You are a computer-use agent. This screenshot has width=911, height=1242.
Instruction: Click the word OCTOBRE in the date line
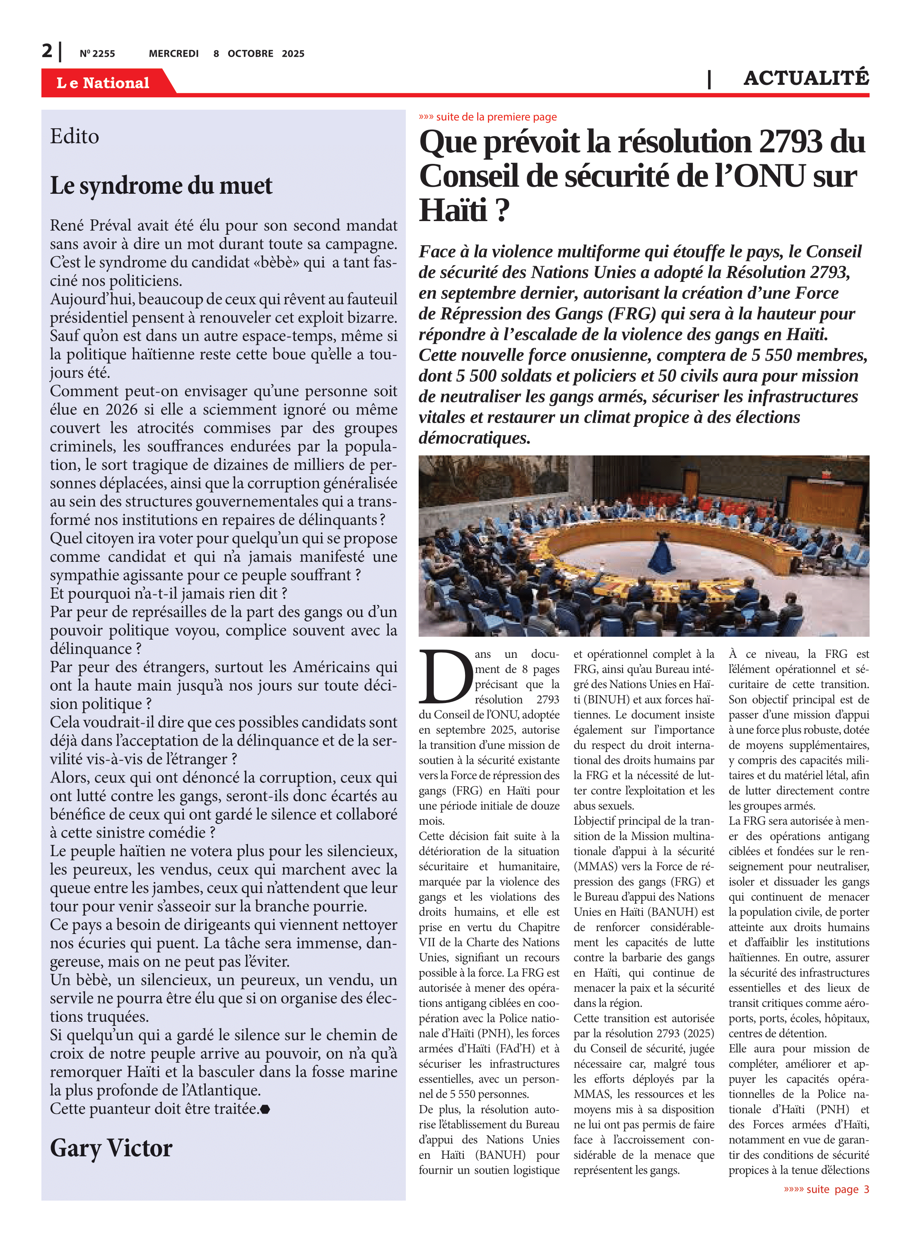point(251,54)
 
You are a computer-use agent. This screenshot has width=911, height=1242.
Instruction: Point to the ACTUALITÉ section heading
point(806,78)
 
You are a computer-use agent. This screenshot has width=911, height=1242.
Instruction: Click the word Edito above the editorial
point(75,136)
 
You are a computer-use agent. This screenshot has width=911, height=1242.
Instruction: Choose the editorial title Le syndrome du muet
point(161,186)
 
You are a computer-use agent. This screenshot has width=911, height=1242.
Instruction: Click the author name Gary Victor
point(111,1148)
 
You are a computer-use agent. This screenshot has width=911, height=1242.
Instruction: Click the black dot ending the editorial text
point(265,1109)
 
